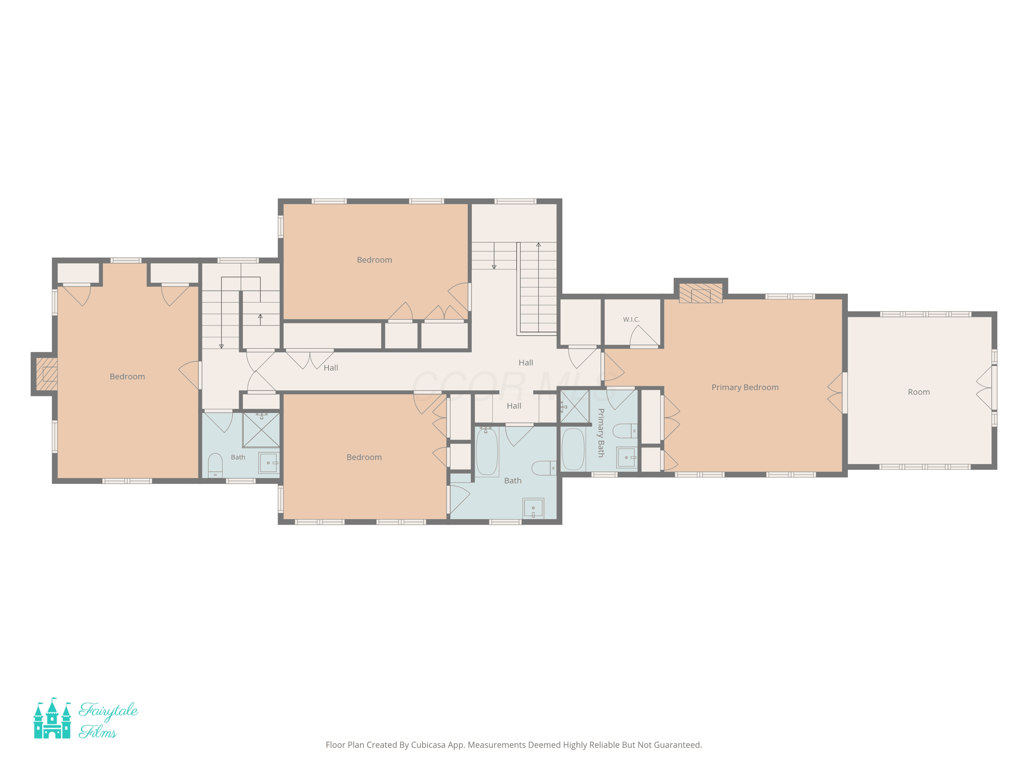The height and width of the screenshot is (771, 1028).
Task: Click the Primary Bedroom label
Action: tap(745, 388)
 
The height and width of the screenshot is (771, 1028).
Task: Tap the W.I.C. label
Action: tap(631, 320)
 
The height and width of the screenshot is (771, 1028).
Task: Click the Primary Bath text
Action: tap(601, 433)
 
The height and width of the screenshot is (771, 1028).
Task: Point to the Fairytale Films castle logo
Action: tap(52, 718)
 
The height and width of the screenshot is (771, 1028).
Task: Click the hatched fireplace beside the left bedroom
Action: tap(47, 374)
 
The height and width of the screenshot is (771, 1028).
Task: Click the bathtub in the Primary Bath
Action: tap(573, 449)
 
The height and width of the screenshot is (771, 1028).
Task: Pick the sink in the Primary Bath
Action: tap(626, 458)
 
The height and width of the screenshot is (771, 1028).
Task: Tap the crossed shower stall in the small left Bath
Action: tap(261, 430)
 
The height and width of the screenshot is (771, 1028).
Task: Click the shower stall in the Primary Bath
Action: tap(575, 407)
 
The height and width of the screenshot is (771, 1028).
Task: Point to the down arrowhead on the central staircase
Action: tap(494, 267)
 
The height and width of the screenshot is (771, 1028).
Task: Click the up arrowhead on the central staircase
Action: tap(539, 244)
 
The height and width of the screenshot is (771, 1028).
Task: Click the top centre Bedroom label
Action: tap(375, 260)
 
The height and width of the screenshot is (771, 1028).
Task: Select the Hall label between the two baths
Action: tap(514, 406)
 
